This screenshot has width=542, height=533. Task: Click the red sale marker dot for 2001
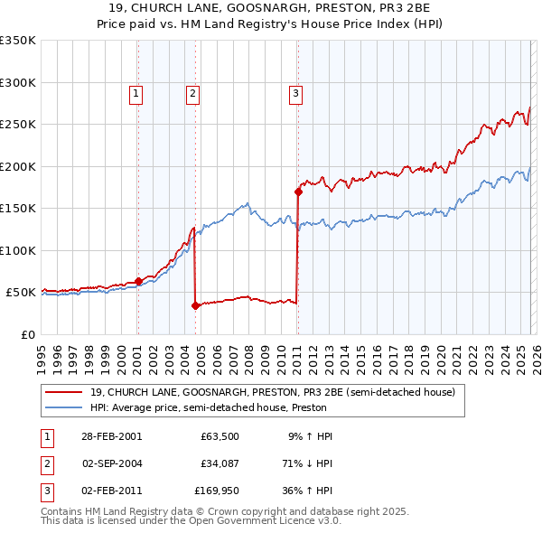pos(138,281)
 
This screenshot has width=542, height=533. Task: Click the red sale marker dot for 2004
pos(195,305)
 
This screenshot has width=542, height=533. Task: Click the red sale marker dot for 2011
pos(298,192)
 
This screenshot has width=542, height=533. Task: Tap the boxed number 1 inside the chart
pos(135,91)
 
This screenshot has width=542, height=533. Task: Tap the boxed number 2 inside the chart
pos(193,91)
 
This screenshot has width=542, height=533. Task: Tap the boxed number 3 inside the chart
pos(295,91)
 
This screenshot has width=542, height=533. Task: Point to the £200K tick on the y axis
pos(17,166)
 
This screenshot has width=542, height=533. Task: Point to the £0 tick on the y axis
pos(29,334)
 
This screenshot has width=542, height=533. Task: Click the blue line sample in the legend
pos(63,407)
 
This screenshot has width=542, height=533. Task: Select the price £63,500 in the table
pos(220,436)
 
